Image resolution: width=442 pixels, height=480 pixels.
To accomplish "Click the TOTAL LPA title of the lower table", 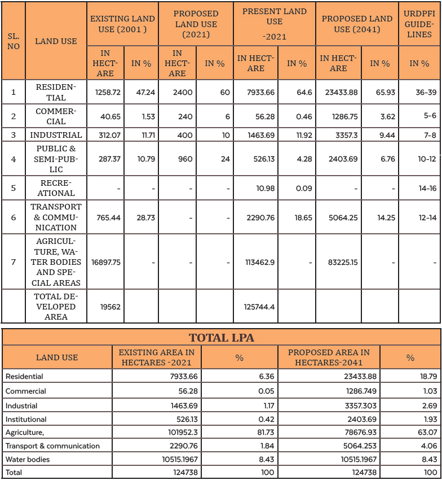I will [221, 338].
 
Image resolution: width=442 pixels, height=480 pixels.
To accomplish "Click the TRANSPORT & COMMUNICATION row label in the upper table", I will [56, 217].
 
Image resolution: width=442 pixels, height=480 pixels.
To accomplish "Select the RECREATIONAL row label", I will [56, 188].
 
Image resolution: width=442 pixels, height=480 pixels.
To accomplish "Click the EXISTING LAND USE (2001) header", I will [122, 24].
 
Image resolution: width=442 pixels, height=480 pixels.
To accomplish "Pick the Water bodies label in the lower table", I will [28, 459].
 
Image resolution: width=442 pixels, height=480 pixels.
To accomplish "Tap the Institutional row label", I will [26, 419].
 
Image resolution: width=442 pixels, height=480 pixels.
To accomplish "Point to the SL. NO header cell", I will [14, 41].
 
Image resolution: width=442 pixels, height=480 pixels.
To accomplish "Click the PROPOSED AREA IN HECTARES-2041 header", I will [329, 357].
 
